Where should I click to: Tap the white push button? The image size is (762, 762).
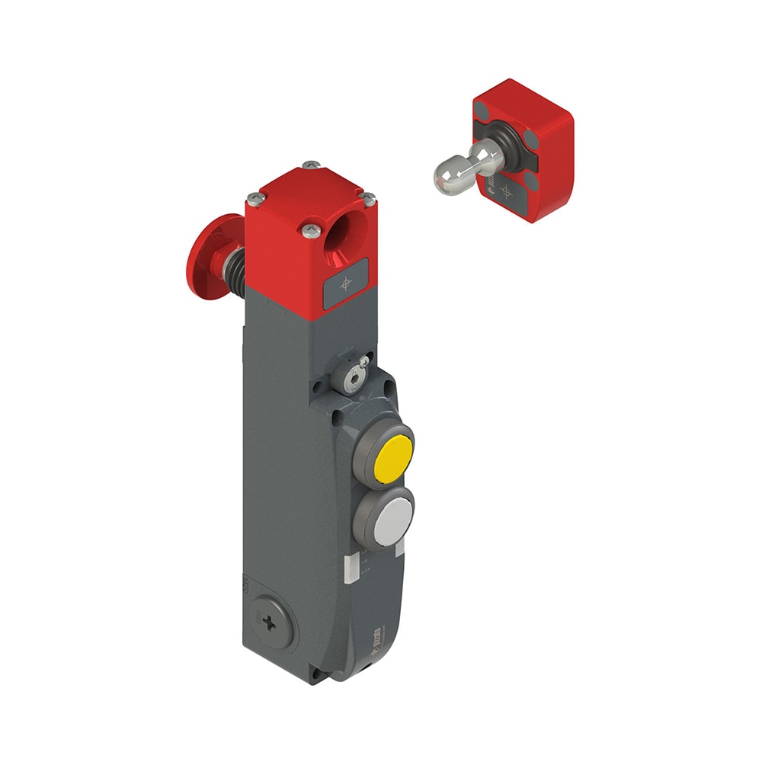tap(393, 515)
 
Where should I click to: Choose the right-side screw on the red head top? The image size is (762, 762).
tap(369, 199)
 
